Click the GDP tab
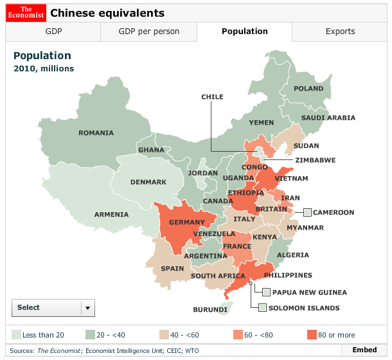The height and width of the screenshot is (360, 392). [54, 32]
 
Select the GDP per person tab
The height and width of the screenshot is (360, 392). [149, 32]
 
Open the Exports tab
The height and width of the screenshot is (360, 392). [340, 32]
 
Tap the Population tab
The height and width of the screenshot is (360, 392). [244, 32]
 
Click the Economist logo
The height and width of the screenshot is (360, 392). [26, 12]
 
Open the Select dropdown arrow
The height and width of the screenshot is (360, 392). [88, 308]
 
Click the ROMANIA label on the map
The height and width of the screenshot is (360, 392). [96, 133]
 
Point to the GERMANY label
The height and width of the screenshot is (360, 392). [186, 222]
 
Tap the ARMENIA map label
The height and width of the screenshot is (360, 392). [111, 215]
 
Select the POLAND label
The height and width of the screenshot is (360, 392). [308, 89]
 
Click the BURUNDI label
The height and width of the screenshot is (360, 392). [210, 310]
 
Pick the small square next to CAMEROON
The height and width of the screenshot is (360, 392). [307, 212]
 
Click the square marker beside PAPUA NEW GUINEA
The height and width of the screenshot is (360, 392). [266, 292]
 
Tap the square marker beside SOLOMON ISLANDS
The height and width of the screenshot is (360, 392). [262, 308]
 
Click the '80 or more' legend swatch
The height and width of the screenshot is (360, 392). [312, 335]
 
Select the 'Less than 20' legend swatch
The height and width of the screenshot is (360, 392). [16, 335]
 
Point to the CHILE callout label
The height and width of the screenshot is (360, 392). [212, 97]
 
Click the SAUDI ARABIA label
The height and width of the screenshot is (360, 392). [328, 118]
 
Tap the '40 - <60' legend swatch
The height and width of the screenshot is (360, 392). [164, 335]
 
